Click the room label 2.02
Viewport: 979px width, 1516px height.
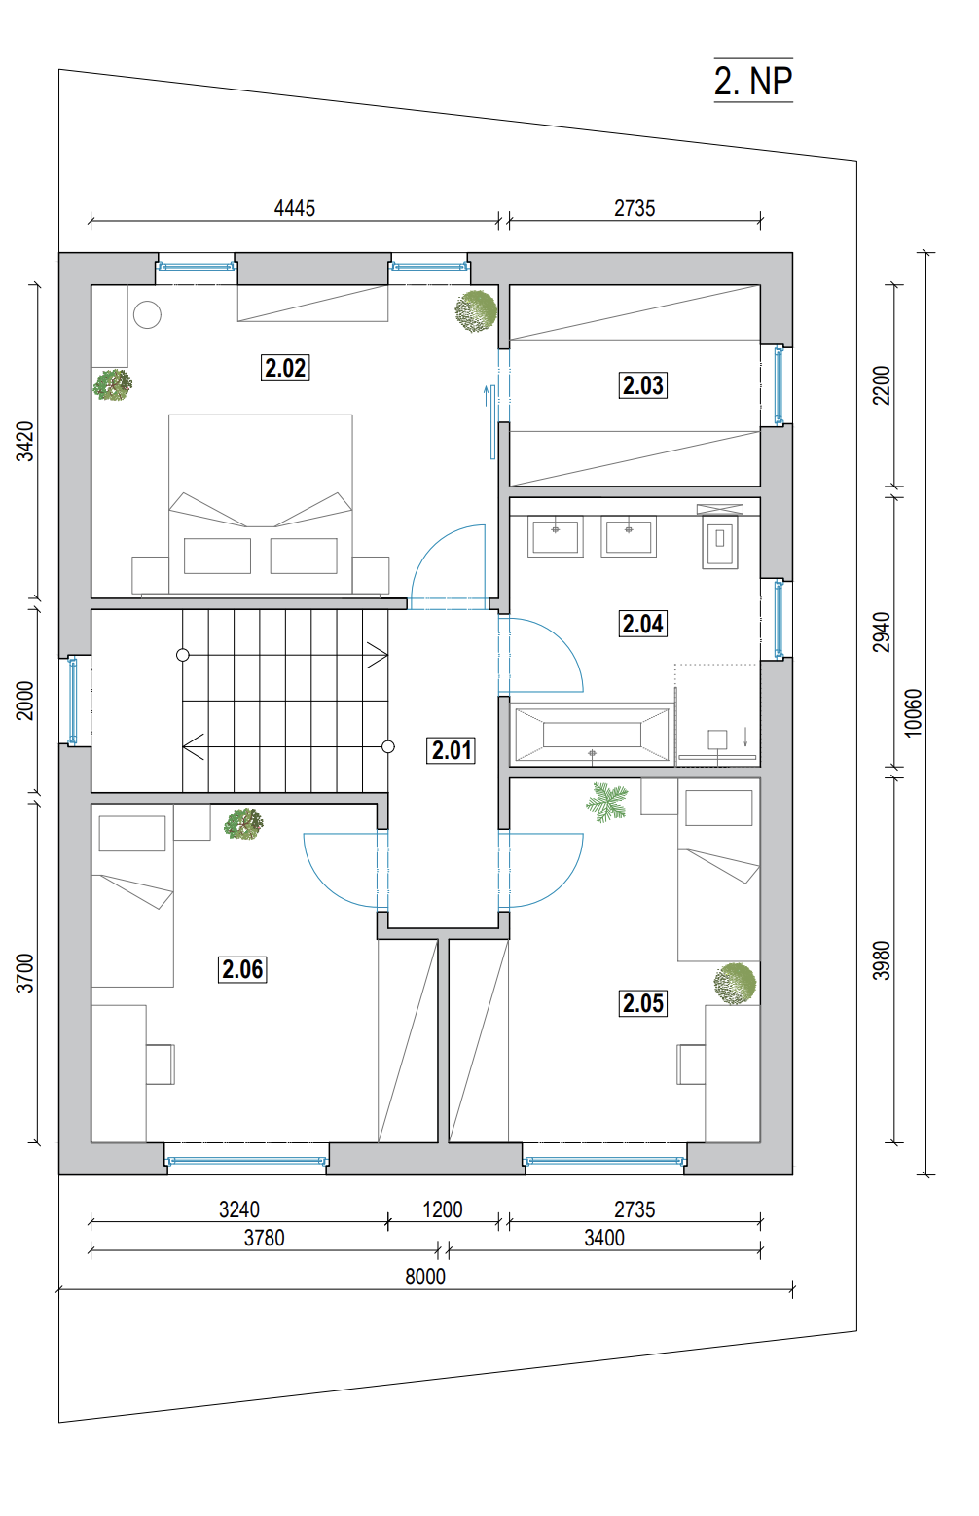(x=285, y=368)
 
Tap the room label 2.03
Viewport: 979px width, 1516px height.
(x=642, y=385)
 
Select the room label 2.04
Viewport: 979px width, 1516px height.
(x=642, y=624)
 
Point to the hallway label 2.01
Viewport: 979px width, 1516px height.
(x=451, y=750)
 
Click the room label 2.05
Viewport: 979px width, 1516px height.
(x=642, y=1003)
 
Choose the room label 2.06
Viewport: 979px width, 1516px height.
(x=242, y=970)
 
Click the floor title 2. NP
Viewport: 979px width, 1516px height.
(x=753, y=81)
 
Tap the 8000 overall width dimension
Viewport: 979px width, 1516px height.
(x=425, y=1277)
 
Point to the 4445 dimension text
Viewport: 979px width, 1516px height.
(x=295, y=208)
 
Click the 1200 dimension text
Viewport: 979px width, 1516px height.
(x=443, y=1210)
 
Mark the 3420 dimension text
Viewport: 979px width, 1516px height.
(x=25, y=441)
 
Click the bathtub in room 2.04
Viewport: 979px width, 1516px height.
(x=592, y=735)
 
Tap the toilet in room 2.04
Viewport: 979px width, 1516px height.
(x=720, y=539)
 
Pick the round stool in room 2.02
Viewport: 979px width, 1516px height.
(x=147, y=314)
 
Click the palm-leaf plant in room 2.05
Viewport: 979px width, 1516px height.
(x=607, y=802)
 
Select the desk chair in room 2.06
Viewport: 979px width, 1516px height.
(x=160, y=1065)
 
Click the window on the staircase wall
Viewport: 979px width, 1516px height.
(x=73, y=701)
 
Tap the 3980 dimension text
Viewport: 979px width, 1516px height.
(x=882, y=960)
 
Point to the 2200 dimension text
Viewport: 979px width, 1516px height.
(x=882, y=385)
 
